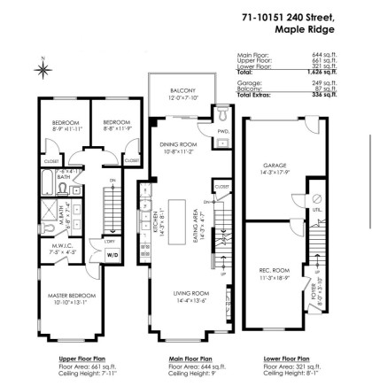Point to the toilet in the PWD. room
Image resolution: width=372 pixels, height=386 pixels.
click(221, 114)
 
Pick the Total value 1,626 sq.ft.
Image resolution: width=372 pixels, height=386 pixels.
click(311, 70)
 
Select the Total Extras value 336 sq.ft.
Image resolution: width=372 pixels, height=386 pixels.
click(311, 95)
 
